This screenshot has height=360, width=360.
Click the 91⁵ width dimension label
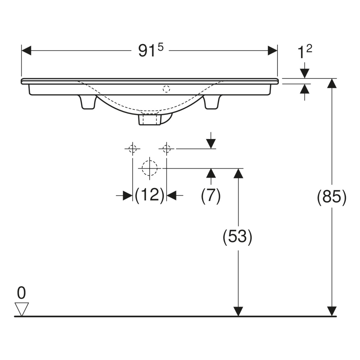(x=151, y=50)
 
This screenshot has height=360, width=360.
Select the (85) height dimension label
(x=331, y=198)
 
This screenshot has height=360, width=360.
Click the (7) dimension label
(x=211, y=196)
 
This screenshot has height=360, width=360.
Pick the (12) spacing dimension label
(x=150, y=196)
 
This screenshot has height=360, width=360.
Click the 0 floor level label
(x=21, y=293)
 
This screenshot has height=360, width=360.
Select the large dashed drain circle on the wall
(x=150, y=168)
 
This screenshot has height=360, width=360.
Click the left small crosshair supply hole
(x=132, y=149)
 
